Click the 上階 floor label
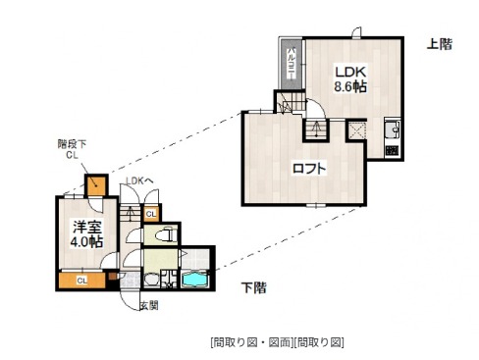tap(439, 44)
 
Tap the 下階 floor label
tap(253, 286)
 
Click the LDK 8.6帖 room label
tap(349, 78)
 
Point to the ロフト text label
tap(309, 168)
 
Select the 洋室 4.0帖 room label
tap(85, 232)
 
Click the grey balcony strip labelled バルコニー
tap(292, 65)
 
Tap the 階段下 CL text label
tap(73, 148)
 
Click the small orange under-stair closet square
tap(96, 184)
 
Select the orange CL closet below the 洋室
tap(82, 281)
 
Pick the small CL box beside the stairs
tap(150, 214)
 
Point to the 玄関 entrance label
tap(148, 306)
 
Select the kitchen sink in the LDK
tap(392, 129)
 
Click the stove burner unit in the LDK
tap(391, 150)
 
